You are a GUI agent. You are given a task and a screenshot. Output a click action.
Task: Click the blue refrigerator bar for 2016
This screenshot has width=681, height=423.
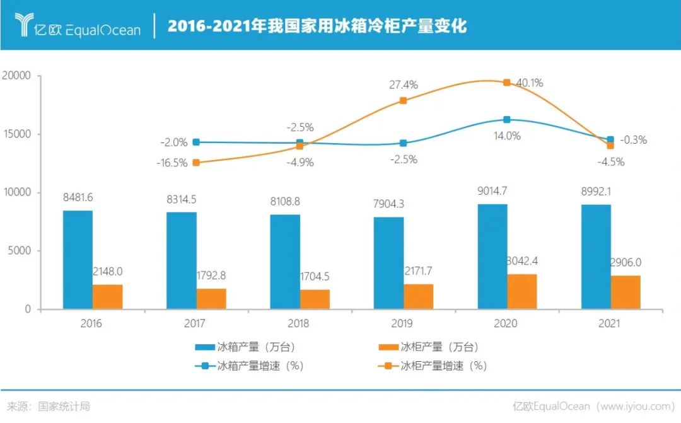78,260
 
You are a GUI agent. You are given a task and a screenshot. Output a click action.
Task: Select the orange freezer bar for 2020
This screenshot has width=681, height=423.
522,291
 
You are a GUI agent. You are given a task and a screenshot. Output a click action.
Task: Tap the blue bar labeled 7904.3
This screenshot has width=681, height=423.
388,263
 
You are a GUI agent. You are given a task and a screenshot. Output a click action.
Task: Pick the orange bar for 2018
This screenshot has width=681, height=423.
315,299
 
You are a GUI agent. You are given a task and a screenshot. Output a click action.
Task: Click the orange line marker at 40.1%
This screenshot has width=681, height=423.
506,83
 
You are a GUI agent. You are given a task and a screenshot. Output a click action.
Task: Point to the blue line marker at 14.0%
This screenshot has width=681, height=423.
507,119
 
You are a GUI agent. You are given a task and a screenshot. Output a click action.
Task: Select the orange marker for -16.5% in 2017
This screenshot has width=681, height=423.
196,163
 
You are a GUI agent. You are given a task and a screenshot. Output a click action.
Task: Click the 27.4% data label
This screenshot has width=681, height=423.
403,85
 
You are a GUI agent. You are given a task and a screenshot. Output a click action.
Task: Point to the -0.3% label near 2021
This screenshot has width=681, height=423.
633,141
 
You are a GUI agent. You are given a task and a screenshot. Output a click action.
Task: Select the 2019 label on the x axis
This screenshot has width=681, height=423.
402,324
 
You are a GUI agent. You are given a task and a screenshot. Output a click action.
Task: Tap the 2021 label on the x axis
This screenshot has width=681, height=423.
610,324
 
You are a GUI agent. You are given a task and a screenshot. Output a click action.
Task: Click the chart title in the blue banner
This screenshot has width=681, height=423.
317,26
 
